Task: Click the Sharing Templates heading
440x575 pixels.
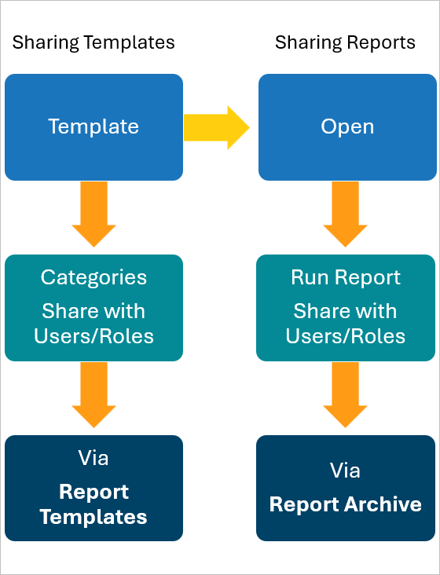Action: (x=93, y=42)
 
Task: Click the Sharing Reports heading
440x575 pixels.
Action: (x=345, y=42)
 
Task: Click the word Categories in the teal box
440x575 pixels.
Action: (x=93, y=277)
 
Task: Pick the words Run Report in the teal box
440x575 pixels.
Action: (x=346, y=277)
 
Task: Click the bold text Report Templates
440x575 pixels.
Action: (x=93, y=504)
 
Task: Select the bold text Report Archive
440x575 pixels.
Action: (x=346, y=504)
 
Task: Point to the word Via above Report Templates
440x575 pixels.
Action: (x=93, y=457)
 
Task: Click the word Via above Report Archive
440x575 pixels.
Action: (x=346, y=470)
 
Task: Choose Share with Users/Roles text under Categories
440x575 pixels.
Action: (x=93, y=324)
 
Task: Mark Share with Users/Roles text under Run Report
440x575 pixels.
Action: (x=346, y=324)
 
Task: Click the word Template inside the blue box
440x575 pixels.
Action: (x=93, y=126)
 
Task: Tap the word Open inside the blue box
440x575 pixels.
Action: (x=347, y=126)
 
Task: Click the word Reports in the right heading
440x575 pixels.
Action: (x=383, y=42)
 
